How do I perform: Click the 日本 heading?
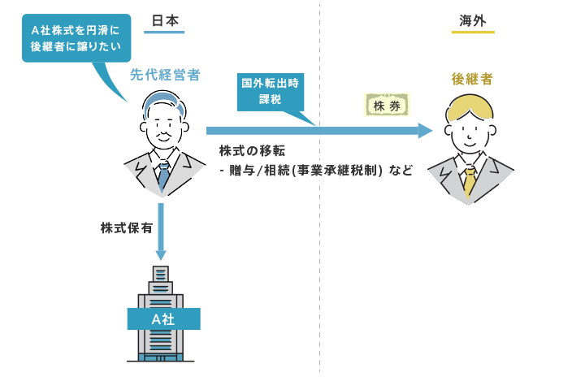click(164, 19)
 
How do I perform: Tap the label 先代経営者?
click(165, 76)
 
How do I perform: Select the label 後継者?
click(472, 80)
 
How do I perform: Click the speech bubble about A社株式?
click(76, 39)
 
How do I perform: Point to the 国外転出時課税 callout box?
click(270, 91)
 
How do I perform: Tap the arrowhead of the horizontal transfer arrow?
click(422, 130)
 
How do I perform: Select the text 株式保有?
click(125, 228)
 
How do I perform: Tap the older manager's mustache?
click(164, 135)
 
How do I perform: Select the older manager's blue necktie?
click(163, 174)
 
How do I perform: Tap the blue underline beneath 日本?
click(164, 32)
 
